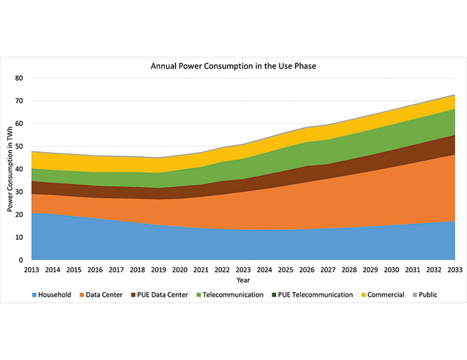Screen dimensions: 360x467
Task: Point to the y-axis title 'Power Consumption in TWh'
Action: tap(11, 169)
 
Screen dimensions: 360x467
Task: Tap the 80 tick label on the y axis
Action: tap(19, 79)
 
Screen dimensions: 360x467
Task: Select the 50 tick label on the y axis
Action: tap(19, 147)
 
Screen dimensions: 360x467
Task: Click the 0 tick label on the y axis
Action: tap(22, 260)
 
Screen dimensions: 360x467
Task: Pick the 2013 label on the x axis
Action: tap(31, 269)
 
